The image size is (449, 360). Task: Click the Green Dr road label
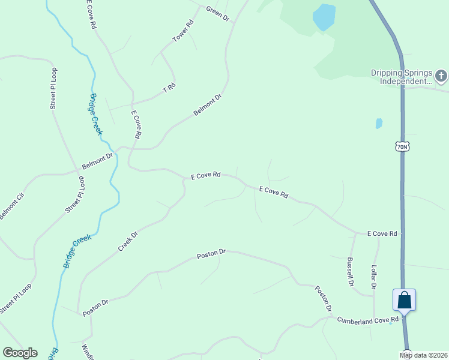[x=217, y=13]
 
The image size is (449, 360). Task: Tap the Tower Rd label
[x=183, y=31]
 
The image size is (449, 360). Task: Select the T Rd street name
[x=169, y=88]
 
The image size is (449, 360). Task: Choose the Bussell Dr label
[x=351, y=271]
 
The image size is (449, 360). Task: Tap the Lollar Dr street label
[x=373, y=278]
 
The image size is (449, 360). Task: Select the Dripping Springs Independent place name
[x=401, y=77]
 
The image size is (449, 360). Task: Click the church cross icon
[x=441, y=76]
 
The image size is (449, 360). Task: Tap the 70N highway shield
[x=402, y=146]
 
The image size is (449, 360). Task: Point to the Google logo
[x=20, y=353]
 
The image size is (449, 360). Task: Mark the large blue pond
[x=324, y=17]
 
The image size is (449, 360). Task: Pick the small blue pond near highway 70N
[x=379, y=123]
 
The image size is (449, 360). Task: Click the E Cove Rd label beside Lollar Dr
[x=382, y=233]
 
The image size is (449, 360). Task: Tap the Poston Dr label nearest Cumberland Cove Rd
[x=324, y=299]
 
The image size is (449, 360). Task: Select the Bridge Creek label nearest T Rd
[x=97, y=114]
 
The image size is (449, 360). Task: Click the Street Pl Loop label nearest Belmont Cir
[x=73, y=194]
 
